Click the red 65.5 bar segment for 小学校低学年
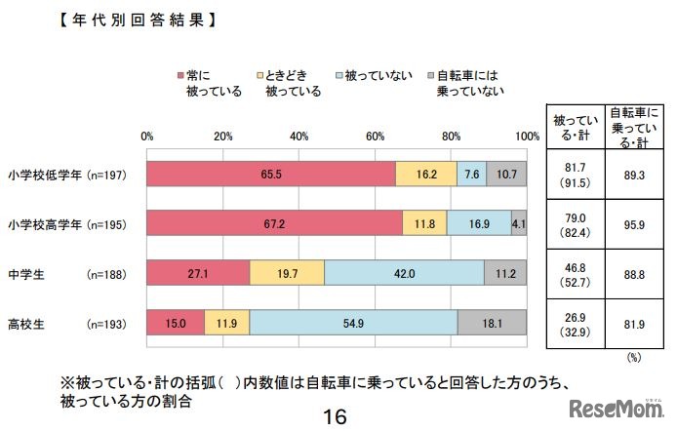point(271,174)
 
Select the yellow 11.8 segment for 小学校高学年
point(425,223)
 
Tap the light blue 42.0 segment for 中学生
point(404,273)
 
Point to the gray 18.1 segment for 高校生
point(493,323)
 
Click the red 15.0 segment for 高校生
point(176,323)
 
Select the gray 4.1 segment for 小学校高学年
point(519,223)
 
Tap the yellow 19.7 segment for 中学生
point(287,273)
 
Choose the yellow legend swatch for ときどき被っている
point(259,75)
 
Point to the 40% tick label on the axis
point(299,136)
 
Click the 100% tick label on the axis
point(528,136)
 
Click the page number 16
point(335,416)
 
